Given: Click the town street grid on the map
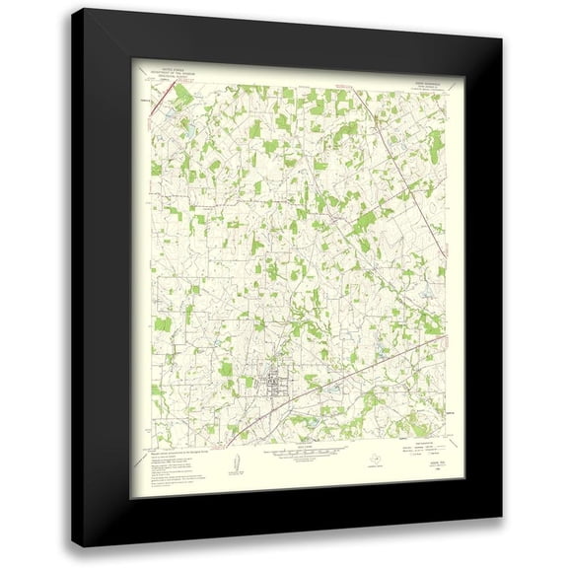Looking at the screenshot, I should (x=274, y=379).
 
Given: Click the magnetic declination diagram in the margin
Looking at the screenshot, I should (x=234, y=462).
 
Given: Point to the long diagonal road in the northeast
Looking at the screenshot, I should (x=394, y=256).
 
